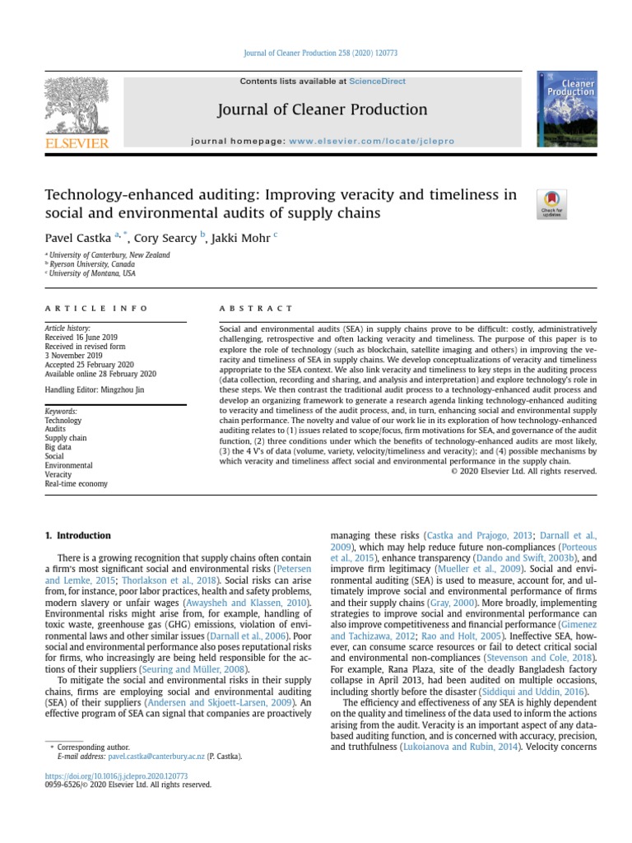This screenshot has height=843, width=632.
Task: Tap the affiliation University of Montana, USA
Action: (93, 273)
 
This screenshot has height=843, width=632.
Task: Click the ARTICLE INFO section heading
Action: (96, 308)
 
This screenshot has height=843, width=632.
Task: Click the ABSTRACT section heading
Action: (255, 308)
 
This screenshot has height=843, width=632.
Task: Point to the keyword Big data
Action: (60, 448)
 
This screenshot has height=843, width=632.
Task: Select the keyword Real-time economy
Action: (76, 484)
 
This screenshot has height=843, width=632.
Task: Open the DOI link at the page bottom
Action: (116, 775)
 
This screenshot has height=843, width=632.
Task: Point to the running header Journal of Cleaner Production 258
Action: (316, 53)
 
